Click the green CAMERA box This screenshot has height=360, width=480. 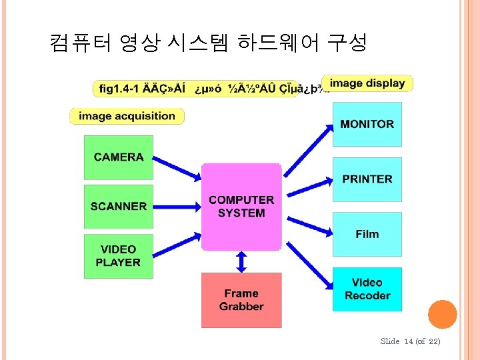point(119,157)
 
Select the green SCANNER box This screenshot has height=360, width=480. point(119,207)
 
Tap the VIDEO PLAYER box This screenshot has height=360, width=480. point(119,256)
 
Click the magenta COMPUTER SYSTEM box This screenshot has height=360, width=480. point(241,207)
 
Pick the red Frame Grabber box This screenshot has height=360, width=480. point(241,300)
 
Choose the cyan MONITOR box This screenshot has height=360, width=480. point(367,124)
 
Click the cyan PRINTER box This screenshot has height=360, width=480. point(367,179)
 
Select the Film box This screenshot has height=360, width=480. point(367,234)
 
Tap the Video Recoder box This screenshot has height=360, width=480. point(367,289)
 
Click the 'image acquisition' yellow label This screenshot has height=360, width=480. point(127,116)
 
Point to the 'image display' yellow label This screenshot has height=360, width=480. point(367,83)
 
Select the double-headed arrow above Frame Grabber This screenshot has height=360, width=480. point(241,262)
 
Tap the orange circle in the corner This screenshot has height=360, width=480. point(442,314)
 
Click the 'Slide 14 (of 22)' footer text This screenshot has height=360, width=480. point(410,341)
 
